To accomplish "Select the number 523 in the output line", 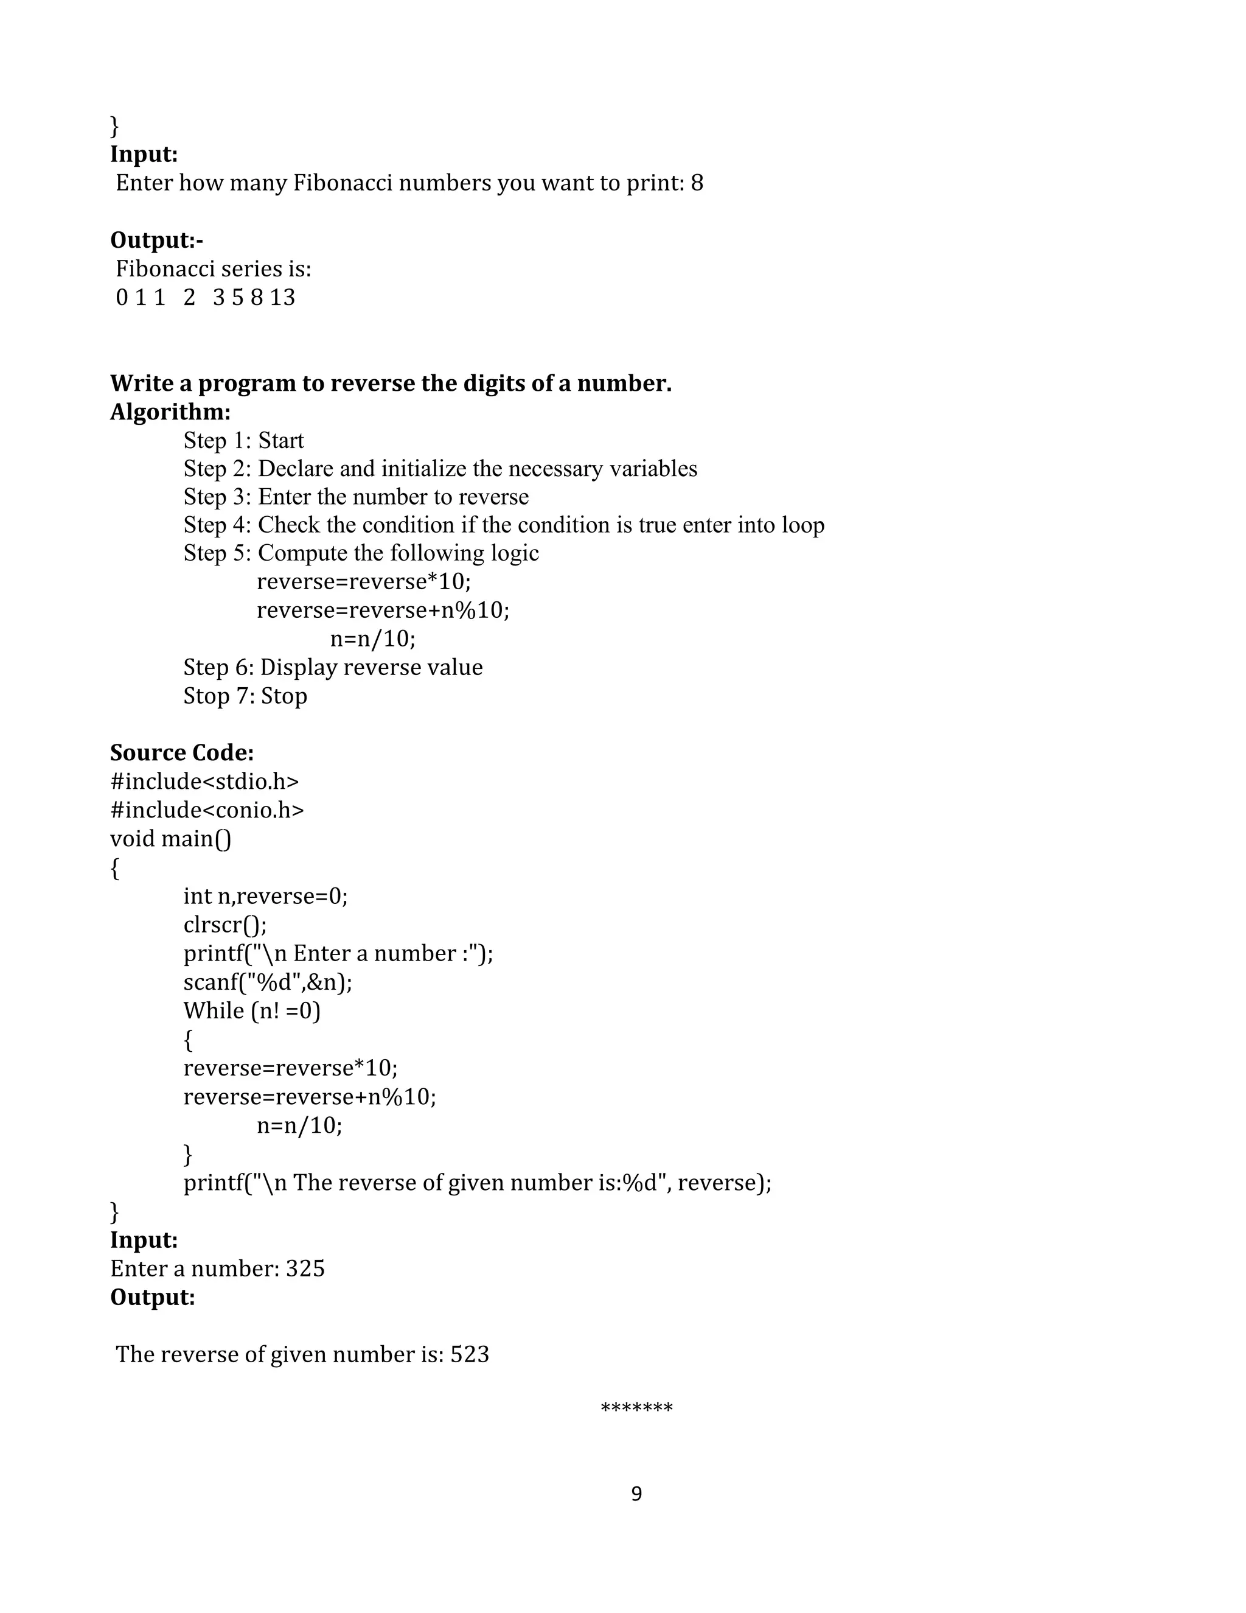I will coord(470,1354).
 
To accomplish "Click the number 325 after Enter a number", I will coord(305,1269).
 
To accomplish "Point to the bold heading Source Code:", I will coord(181,752).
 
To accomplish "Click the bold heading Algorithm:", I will coord(170,411).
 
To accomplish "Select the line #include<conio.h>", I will coord(207,810).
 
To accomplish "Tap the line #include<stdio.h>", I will coord(204,782).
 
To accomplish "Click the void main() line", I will coord(170,839).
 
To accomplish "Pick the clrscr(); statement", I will coord(225,925).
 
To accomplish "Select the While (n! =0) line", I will coord(252,1010).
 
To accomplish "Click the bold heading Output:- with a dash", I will coord(156,240).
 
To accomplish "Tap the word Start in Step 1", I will coord(280,440).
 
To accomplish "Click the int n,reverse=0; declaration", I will coord(266,896).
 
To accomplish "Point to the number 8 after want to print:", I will coord(697,183).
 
